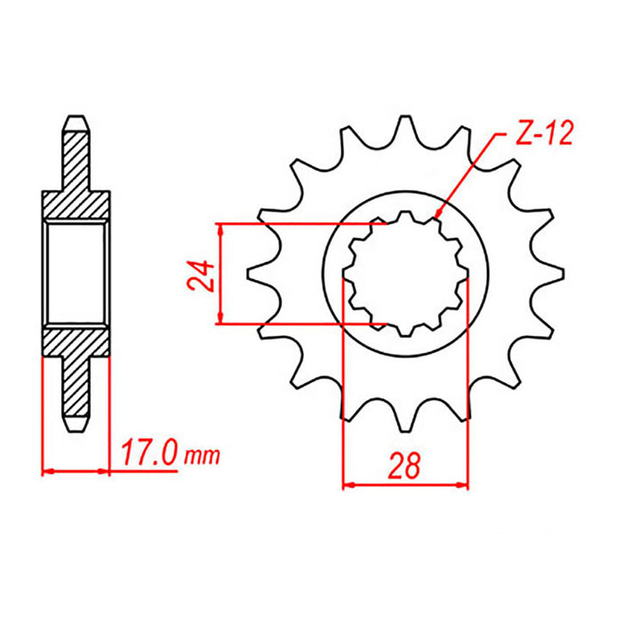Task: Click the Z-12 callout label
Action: click(544, 135)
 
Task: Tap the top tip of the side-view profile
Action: click(76, 117)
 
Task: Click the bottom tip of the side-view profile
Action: click(76, 430)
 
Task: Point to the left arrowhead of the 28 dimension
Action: click(348, 484)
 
